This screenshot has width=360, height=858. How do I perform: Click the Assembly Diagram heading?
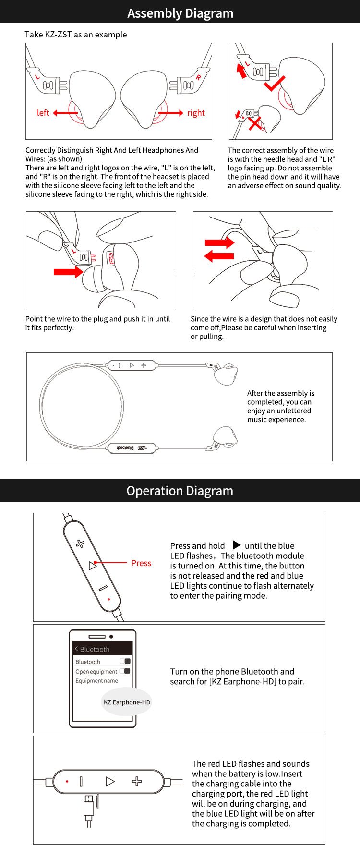click(x=180, y=13)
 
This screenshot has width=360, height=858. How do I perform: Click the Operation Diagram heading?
click(x=180, y=491)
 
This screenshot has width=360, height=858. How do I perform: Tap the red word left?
click(x=43, y=113)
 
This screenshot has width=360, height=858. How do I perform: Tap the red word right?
click(x=196, y=113)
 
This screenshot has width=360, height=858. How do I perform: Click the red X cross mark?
click(x=255, y=123)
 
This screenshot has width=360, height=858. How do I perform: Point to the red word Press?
click(x=141, y=563)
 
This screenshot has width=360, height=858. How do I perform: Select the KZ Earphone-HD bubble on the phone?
click(x=127, y=702)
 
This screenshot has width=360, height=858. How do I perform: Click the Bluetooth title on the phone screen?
click(x=95, y=649)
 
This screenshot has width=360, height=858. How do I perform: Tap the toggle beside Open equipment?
click(x=125, y=671)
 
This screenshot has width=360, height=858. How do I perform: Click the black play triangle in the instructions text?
click(x=237, y=545)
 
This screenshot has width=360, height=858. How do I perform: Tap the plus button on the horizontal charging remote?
click(x=137, y=781)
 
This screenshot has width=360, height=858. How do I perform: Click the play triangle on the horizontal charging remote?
click(x=110, y=781)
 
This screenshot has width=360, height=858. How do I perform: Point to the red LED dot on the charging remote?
click(x=67, y=781)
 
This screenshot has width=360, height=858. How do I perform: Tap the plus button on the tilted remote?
click(x=80, y=544)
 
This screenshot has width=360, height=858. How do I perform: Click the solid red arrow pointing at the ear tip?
click(x=68, y=272)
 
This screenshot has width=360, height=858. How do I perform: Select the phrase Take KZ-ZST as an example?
click(x=76, y=35)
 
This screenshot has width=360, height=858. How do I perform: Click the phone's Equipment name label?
click(x=96, y=681)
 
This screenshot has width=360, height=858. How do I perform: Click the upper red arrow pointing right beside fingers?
click(x=220, y=242)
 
